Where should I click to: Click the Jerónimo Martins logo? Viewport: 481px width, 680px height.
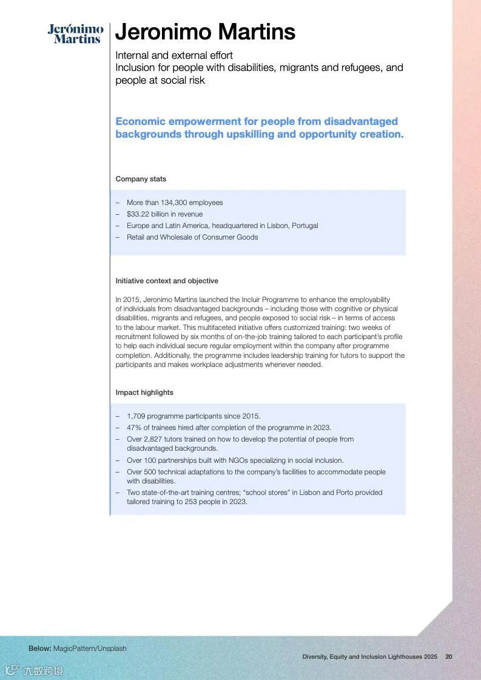click(x=75, y=33)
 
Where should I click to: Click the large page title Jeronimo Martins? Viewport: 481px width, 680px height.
click(x=205, y=32)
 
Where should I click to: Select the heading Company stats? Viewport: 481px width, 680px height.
click(x=141, y=179)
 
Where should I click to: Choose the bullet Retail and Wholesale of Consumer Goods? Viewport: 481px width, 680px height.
click(x=192, y=237)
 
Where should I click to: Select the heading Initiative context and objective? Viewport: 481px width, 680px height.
click(x=167, y=281)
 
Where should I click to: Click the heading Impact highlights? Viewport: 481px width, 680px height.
click(x=144, y=392)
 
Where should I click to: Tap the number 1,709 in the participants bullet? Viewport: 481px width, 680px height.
click(x=136, y=416)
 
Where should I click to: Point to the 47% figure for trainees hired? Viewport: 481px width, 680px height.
click(x=134, y=428)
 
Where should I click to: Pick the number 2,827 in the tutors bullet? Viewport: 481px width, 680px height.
click(x=155, y=439)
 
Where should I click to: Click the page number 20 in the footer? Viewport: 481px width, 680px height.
click(x=449, y=657)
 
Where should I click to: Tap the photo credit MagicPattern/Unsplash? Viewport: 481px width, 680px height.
click(x=90, y=648)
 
